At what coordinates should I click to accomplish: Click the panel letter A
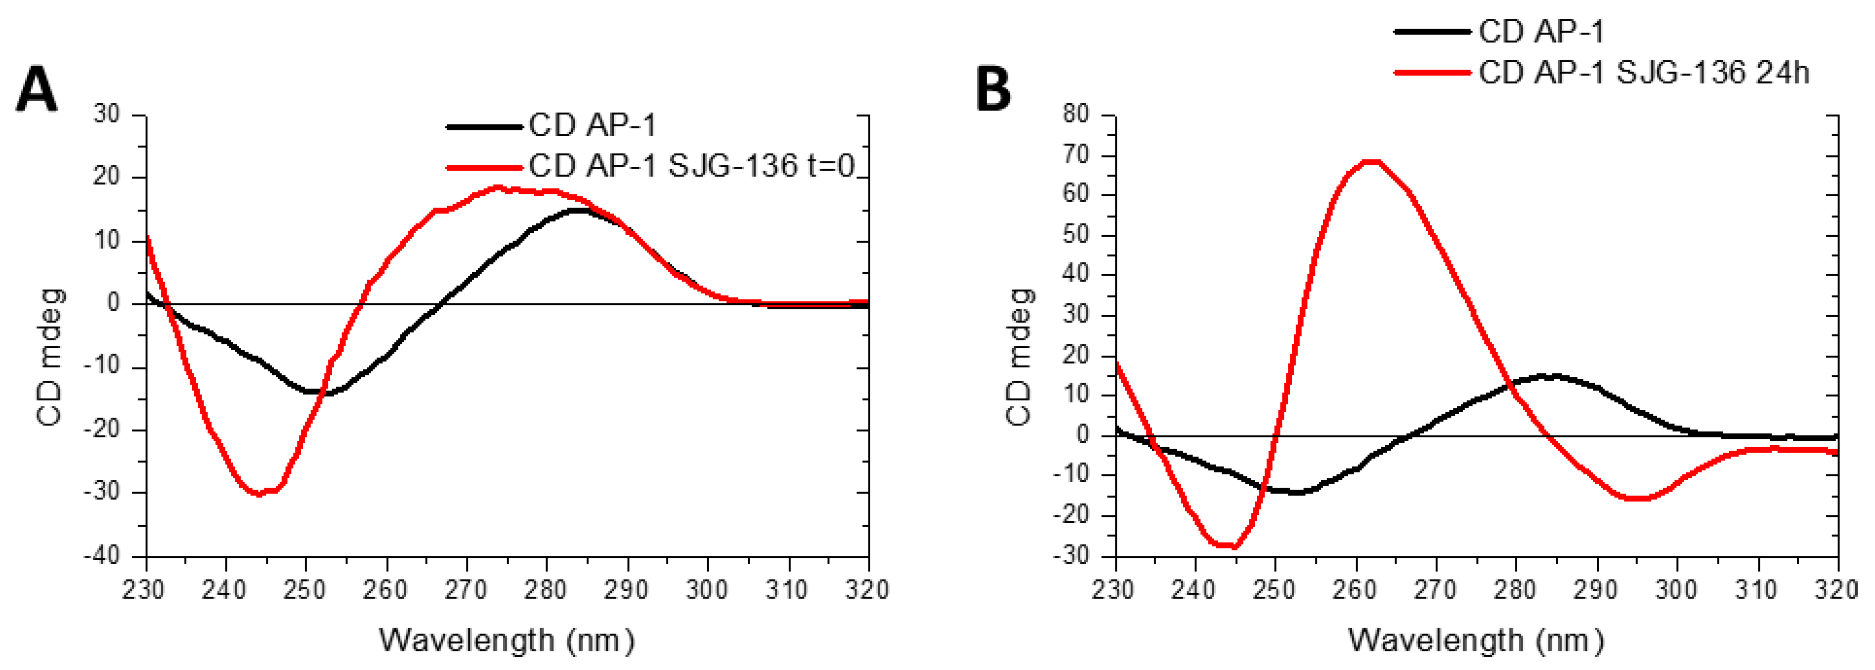(37, 89)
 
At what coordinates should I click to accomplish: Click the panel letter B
(993, 89)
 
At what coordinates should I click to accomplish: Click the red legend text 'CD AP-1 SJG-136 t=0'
(691, 167)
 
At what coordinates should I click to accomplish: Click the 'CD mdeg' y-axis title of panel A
(50, 356)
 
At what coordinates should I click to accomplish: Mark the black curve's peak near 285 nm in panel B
(1550, 376)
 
